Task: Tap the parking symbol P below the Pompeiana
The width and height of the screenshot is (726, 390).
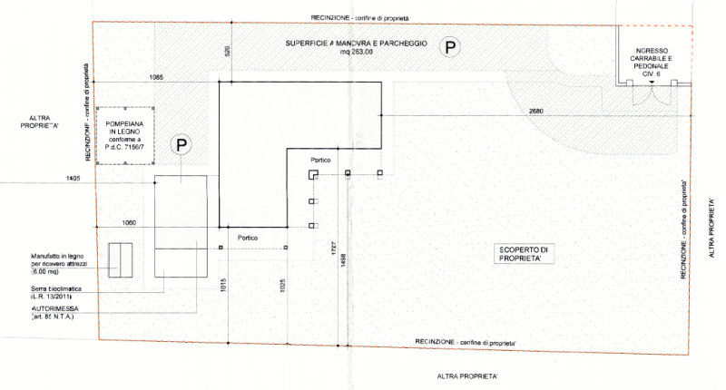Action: click(182, 144)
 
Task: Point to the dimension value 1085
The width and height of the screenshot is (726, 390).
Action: click(157, 79)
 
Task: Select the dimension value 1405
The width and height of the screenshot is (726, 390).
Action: click(74, 179)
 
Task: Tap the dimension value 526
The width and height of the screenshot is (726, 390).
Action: click(227, 52)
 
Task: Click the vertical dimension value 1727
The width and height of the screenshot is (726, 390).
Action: click(332, 246)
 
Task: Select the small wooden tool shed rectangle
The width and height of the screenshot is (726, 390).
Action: click(120, 259)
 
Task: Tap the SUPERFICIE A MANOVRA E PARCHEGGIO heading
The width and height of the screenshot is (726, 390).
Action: click(355, 44)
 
